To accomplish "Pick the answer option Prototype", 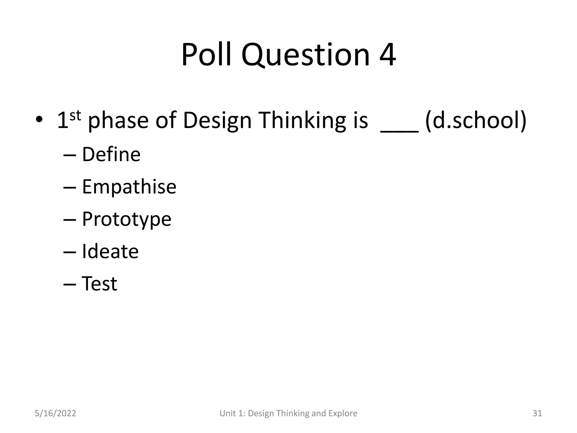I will coord(127,219).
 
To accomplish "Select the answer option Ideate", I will coord(110,251).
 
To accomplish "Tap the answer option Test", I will coord(99,284).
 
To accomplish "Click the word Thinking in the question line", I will coord(301,121).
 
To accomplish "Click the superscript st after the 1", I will coord(75,116).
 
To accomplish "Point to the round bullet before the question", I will coord(39,120).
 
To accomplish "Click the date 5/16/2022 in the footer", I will coord(55,413).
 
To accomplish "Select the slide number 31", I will coord(537,413).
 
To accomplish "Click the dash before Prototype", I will coord(70,220).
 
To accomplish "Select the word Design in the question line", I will coord(217,121).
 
